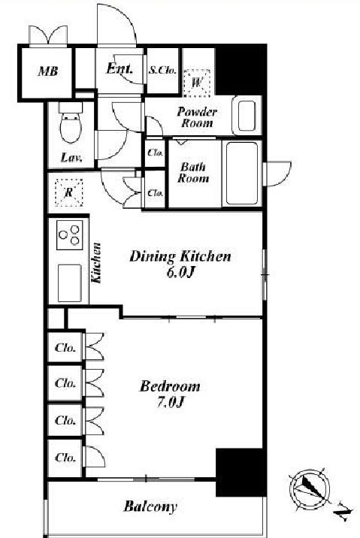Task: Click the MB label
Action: tap(48, 71)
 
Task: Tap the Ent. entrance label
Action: tap(119, 68)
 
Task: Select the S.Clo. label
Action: tap(162, 70)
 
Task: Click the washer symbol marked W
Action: tap(197, 83)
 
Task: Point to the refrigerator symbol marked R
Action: tap(69, 192)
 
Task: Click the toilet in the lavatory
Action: tap(71, 122)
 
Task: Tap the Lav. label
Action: tap(71, 158)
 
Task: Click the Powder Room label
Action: tap(197, 117)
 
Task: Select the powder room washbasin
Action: tap(247, 116)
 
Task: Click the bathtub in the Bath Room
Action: tap(242, 174)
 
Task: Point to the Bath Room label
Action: tap(193, 173)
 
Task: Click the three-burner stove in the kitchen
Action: tap(70, 235)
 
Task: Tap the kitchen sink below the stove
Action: tap(70, 283)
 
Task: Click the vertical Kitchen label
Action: tap(96, 263)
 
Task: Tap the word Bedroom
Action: tap(170, 386)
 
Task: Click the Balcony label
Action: tap(150, 506)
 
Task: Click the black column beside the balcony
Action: tap(241, 472)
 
